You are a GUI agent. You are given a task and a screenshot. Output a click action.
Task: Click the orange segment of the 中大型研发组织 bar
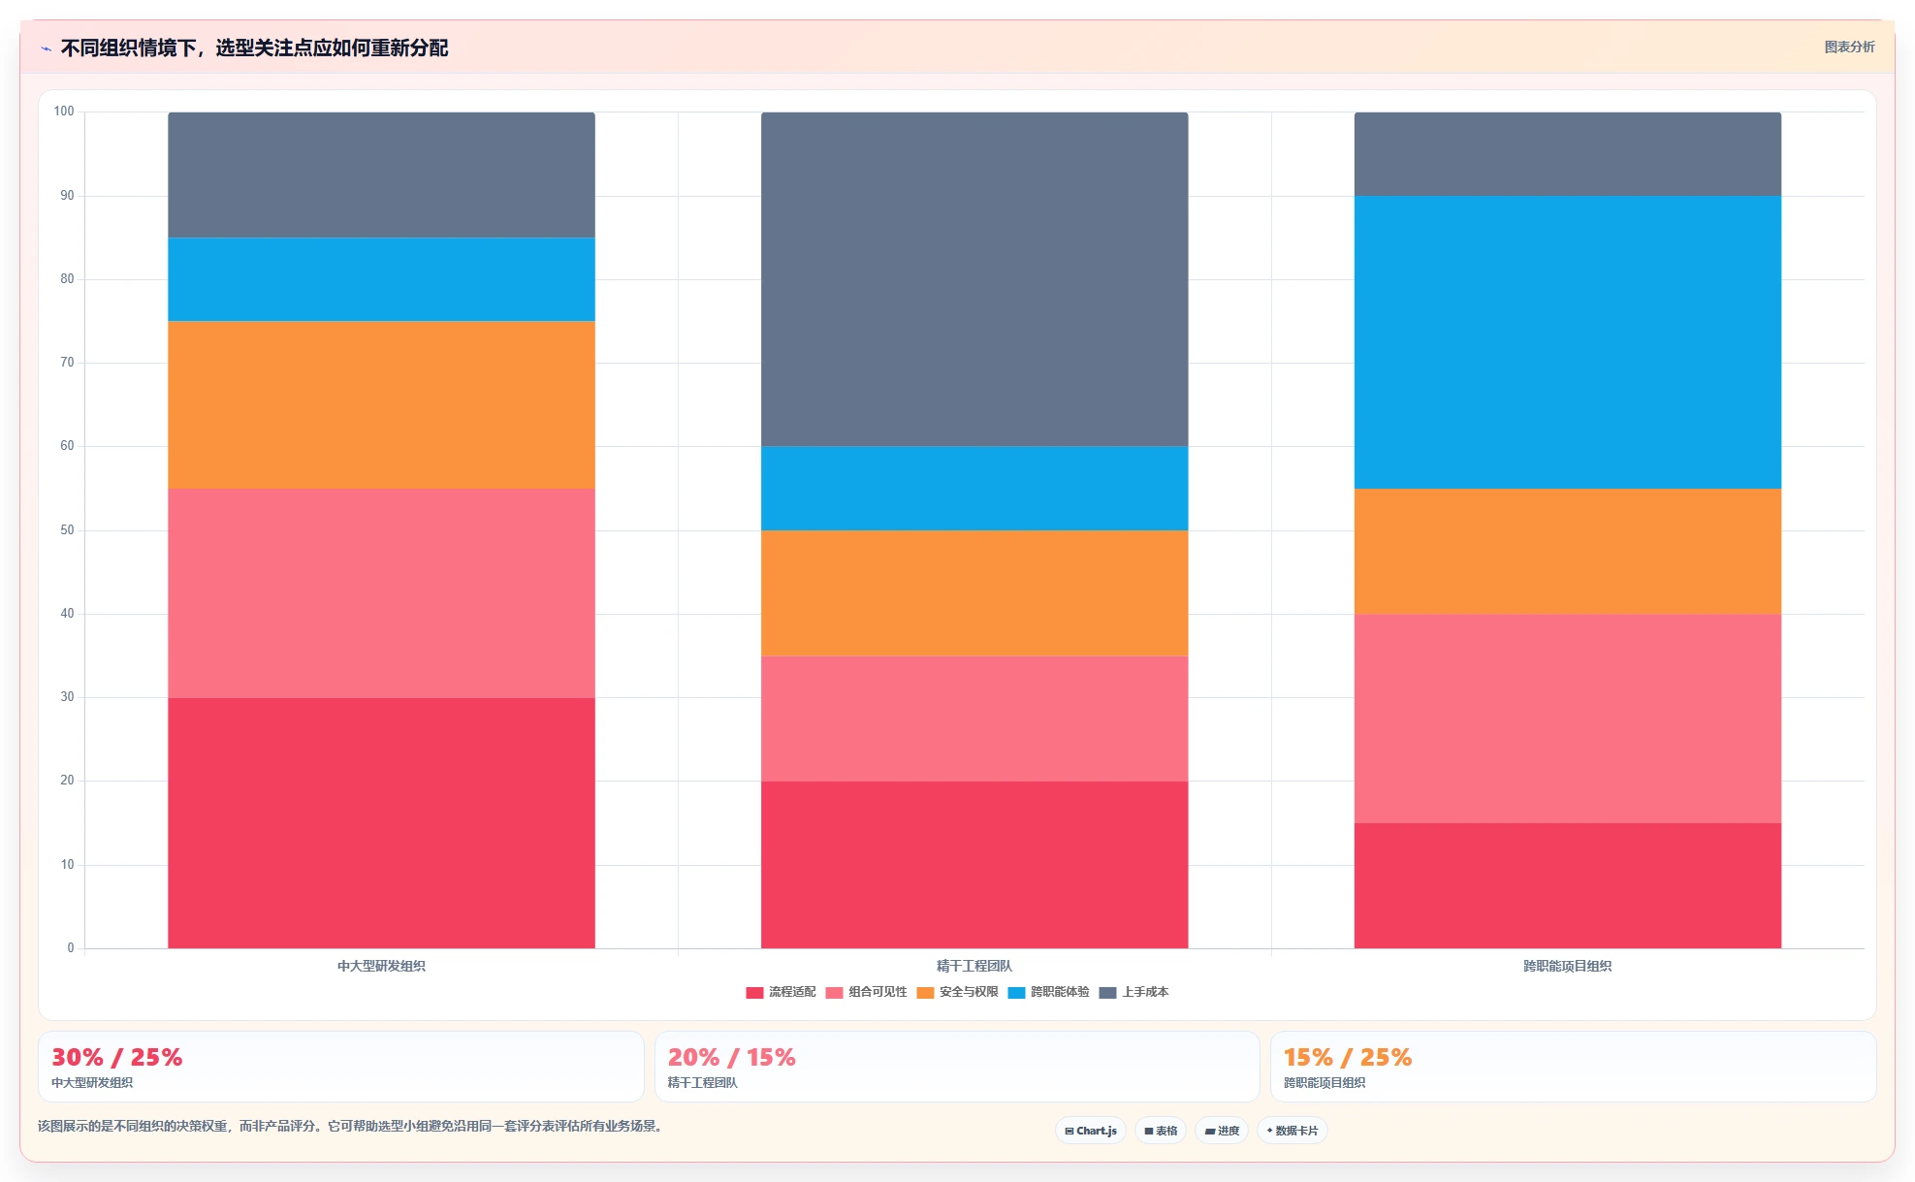381,404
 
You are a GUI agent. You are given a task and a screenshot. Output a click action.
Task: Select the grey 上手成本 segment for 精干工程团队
974,279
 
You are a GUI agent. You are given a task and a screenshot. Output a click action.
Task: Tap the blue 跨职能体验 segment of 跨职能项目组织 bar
1568,342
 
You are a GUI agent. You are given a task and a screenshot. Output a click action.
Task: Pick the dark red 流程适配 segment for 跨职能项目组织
1568,885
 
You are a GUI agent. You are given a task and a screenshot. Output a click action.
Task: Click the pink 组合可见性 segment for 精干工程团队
974,719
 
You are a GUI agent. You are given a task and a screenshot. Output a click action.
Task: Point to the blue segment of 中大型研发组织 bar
381,279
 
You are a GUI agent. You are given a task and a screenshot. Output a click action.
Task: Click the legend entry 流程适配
781,992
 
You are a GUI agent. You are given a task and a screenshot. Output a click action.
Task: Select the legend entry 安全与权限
957,992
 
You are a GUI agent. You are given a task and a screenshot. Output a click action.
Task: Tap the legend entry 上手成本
1133,992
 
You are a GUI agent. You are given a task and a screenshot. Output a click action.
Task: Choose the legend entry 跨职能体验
1048,992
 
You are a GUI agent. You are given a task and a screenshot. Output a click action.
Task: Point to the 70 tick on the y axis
67,363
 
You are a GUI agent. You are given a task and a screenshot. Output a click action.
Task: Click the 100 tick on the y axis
64,112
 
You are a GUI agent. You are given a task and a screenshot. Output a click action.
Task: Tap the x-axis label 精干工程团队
974,966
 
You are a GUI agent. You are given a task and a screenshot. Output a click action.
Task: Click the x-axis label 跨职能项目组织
1568,966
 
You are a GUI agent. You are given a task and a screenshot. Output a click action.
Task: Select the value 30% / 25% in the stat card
116,1057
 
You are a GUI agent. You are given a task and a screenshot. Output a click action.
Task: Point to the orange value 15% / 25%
1348,1057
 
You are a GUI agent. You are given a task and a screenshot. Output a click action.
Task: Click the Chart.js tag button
1091,1131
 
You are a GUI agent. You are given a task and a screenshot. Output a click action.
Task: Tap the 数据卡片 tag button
1293,1131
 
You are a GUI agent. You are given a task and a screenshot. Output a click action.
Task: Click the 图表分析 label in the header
1849,47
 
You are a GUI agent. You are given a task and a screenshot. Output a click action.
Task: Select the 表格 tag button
1161,1131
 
